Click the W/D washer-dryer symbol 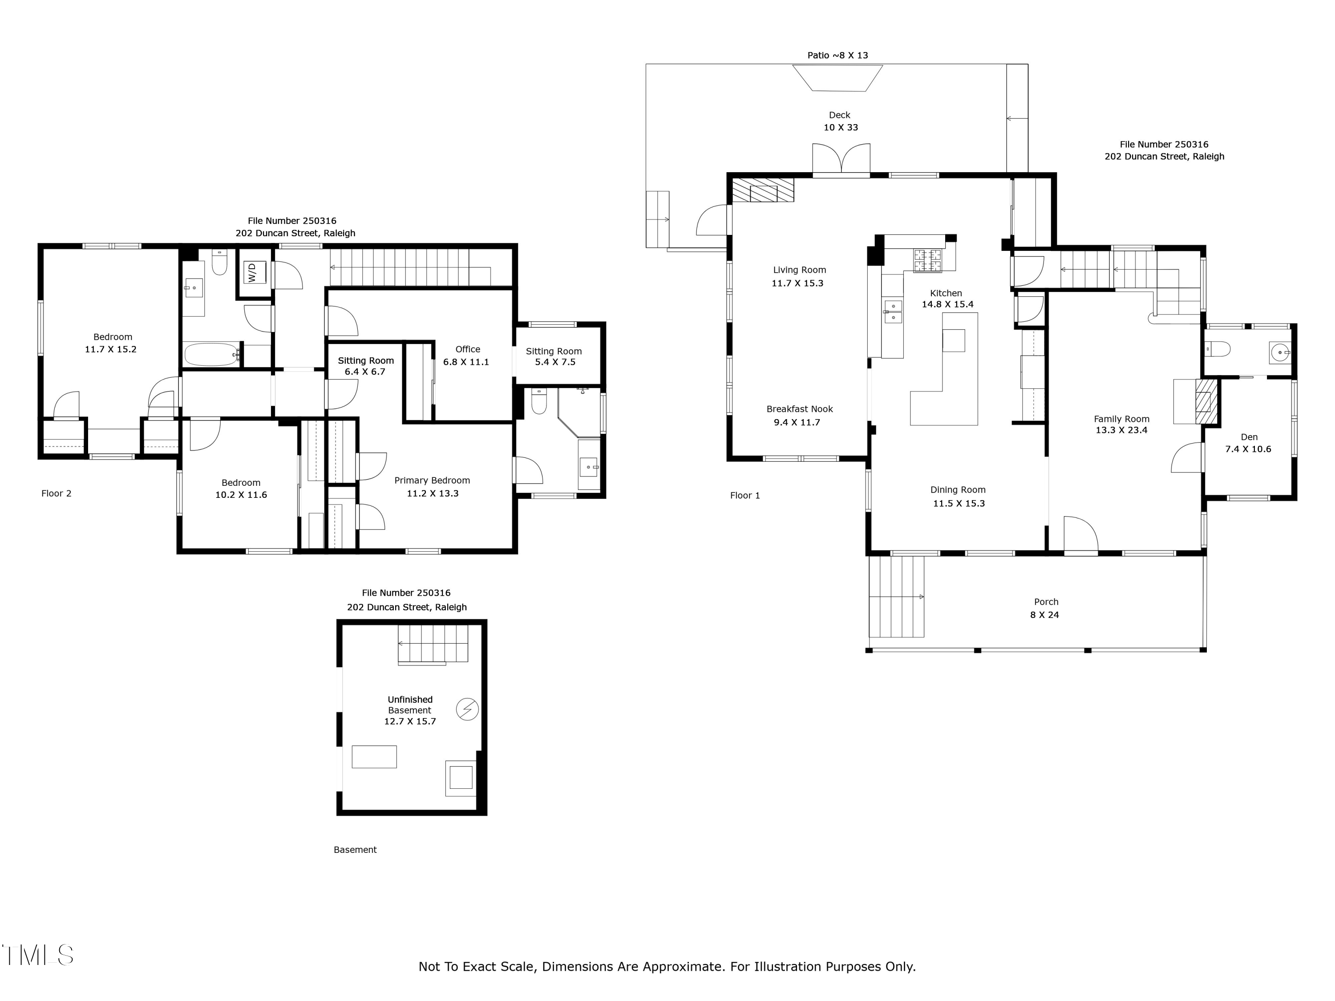point(253,272)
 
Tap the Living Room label point(799,270)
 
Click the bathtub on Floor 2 point(212,354)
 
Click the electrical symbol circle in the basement point(467,709)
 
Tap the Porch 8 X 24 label point(1045,608)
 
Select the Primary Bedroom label point(432,480)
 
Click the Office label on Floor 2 point(467,349)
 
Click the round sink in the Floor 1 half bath point(1279,351)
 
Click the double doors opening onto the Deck point(841,160)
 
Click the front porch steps point(896,596)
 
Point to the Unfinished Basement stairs point(433,644)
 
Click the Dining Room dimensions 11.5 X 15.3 point(959,503)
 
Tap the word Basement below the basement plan point(355,850)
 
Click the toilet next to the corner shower point(539,401)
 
